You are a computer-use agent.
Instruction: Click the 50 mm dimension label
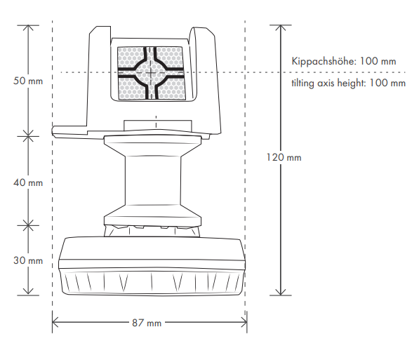(x=28, y=81)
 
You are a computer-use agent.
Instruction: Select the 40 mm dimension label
(x=28, y=182)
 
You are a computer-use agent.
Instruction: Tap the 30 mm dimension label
(x=28, y=260)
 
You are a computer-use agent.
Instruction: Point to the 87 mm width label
(x=147, y=323)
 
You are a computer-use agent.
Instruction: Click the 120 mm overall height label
(x=284, y=157)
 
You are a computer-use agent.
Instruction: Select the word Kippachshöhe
(x=324, y=61)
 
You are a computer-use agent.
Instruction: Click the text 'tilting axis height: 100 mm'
(x=348, y=83)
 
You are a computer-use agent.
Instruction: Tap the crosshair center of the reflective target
(x=151, y=72)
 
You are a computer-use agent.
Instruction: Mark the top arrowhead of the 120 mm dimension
(x=281, y=27)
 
